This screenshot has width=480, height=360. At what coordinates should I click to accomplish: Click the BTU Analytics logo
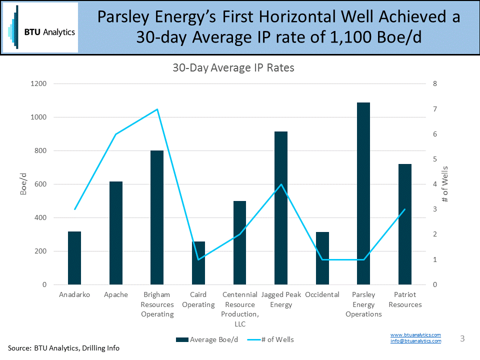(x=40, y=27)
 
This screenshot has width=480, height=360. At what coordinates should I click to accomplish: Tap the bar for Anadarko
(x=74, y=258)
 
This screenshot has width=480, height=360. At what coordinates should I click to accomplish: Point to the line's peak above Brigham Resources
(x=157, y=109)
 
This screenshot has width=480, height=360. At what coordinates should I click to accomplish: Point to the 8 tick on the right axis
(x=434, y=84)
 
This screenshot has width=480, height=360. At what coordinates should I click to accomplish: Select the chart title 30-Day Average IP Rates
(x=233, y=68)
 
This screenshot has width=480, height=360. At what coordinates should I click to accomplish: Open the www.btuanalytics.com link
(x=415, y=334)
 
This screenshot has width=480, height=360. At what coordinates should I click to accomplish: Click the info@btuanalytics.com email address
(x=415, y=341)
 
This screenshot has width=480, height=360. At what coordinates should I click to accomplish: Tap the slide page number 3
(x=462, y=338)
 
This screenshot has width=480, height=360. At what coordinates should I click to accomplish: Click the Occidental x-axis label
(x=322, y=294)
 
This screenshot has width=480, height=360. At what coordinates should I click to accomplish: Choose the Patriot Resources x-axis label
(x=405, y=299)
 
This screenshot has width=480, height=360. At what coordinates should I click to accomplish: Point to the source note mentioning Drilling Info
(x=63, y=348)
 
